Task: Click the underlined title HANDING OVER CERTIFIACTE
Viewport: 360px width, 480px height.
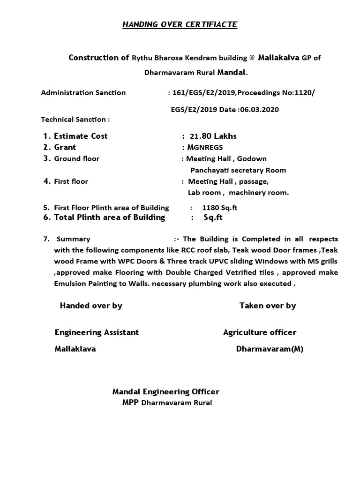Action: click(x=180, y=24)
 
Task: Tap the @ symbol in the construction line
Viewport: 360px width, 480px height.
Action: click(x=252, y=58)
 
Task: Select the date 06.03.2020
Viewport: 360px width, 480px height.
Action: click(x=259, y=110)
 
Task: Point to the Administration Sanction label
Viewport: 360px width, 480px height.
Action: click(x=83, y=92)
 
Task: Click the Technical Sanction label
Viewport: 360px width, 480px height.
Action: click(x=75, y=120)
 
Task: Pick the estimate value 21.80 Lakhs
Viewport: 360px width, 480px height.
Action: click(x=213, y=136)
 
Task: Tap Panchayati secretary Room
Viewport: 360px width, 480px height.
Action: click(x=238, y=170)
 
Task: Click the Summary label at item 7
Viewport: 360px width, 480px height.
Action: click(x=73, y=239)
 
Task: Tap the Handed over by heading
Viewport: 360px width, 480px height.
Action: click(x=91, y=306)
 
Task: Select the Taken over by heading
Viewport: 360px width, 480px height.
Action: click(x=268, y=306)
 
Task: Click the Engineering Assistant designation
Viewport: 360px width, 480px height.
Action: click(x=97, y=332)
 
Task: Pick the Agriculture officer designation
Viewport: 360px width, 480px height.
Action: click(x=260, y=332)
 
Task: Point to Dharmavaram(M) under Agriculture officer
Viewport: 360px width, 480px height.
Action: click(x=270, y=349)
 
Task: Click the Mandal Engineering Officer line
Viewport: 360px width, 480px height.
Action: click(x=165, y=391)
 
